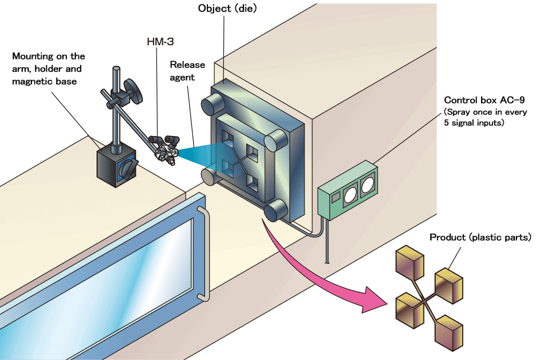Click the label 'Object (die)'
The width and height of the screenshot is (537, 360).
(227, 9)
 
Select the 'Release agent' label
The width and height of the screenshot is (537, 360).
(187, 71)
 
